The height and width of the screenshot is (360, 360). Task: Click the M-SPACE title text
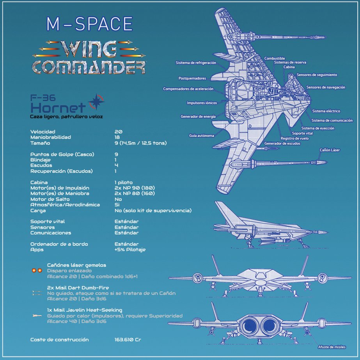coord(89,25)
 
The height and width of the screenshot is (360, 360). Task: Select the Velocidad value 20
coord(118,132)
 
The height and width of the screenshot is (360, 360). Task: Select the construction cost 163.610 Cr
coord(128,340)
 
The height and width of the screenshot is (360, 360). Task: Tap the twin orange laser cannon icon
coord(37,270)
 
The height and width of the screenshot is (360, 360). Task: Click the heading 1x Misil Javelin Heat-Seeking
coord(85,310)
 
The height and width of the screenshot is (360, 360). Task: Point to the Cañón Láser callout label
coord(330,150)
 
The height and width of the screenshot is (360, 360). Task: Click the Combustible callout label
coord(275,59)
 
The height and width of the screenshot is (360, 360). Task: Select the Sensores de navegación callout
coord(326,87)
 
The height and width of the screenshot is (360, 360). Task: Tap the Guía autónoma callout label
coord(202,136)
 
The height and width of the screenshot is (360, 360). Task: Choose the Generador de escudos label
coord(282,144)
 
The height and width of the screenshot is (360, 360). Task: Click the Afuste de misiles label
coord(332,347)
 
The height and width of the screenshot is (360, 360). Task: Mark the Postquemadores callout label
coord(192,78)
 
